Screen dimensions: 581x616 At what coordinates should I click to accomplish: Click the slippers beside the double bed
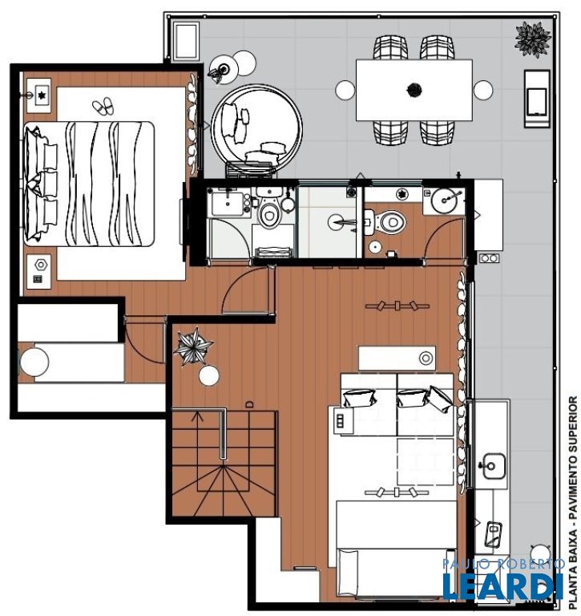pyautogui.click(x=103, y=106)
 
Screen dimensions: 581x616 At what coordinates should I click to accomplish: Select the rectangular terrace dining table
pyautogui.click(x=414, y=90)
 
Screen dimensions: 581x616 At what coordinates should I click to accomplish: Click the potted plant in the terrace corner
pyautogui.click(x=532, y=39)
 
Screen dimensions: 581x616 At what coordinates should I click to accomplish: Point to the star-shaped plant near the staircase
pyautogui.click(x=192, y=346)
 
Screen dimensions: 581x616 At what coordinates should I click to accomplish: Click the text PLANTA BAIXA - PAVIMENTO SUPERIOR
pyautogui.click(x=573, y=503)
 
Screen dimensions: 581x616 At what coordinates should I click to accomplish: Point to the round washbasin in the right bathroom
pyautogui.click(x=446, y=200)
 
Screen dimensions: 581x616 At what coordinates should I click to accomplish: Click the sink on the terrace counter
pyautogui.click(x=493, y=466)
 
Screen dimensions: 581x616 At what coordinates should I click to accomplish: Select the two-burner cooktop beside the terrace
pyautogui.click(x=489, y=258)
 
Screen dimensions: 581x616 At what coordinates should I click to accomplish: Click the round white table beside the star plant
pyautogui.click(x=209, y=375)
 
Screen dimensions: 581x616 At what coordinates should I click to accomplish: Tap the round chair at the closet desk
pyautogui.click(x=34, y=362)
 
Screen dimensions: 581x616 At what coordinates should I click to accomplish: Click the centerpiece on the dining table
pyautogui.click(x=414, y=90)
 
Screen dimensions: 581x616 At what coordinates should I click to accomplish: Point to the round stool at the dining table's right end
pyautogui.click(x=483, y=90)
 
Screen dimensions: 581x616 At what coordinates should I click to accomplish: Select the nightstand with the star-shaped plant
pyautogui.click(x=38, y=95)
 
